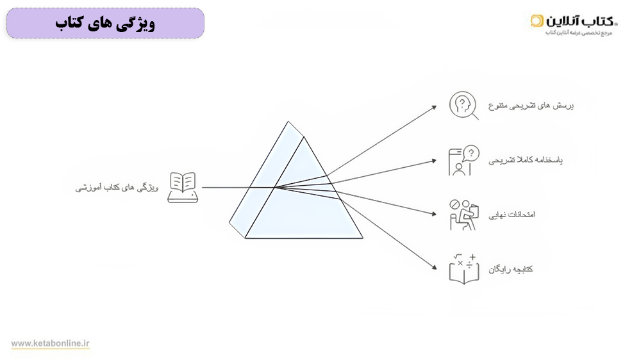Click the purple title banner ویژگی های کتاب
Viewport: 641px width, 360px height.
coord(106,23)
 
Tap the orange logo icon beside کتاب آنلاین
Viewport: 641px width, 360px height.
coord(537,20)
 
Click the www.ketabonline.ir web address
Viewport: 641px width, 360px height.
coord(50,343)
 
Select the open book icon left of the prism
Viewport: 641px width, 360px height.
coord(183,187)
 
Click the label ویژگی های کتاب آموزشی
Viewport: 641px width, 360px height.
coord(117,188)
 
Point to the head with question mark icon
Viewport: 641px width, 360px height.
coord(463,105)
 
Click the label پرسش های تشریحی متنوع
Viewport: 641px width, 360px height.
coord(531,106)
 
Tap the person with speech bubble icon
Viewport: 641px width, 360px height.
coord(463,160)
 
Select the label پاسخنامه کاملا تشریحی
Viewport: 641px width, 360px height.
coord(526,160)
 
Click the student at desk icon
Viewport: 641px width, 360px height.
coord(463,215)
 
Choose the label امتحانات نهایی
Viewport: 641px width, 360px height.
coord(512,215)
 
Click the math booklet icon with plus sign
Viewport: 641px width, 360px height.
coord(464,269)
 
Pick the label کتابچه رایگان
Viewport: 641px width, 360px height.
coord(511,269)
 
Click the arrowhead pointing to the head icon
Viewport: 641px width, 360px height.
coord(435,107)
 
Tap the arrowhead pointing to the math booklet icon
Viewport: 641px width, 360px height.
coord(435,268)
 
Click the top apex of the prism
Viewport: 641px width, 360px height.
coord(288,121)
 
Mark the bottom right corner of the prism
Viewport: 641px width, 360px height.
coord(363,238)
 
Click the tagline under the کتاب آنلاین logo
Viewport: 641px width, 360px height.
coord(579,33)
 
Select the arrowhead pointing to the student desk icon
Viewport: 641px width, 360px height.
coord(435,214)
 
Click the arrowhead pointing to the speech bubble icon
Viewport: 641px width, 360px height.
coord(435,161)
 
